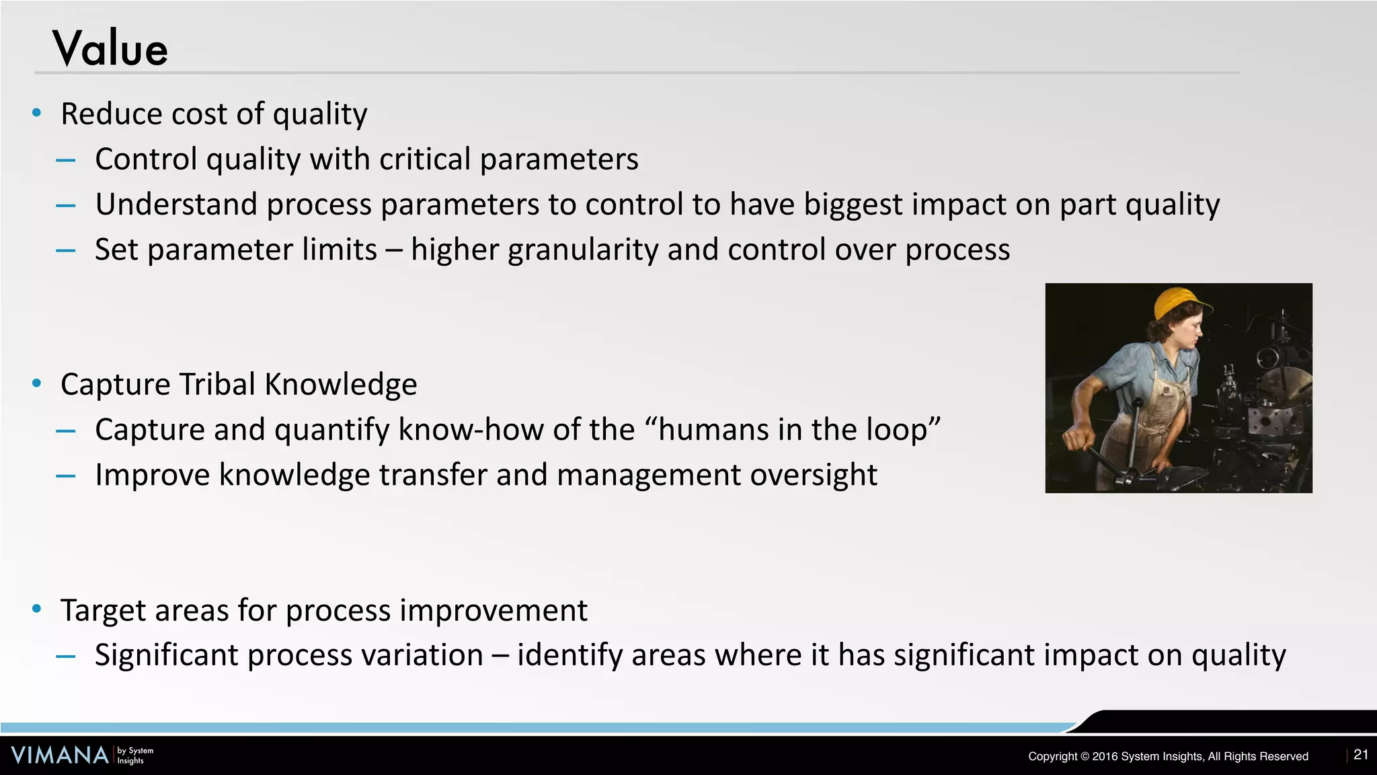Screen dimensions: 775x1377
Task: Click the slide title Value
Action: click(x=110, y=49)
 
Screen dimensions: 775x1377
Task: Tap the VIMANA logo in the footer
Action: click(x=60, y=755)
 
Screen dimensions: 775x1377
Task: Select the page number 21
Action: click(x=1361, y=755)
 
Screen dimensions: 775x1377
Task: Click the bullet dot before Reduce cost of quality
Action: click(x=37, y=113)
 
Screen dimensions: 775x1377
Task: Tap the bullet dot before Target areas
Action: click(x=37, y=610)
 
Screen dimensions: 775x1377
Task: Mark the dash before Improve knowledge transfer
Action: click(x=66, y=476)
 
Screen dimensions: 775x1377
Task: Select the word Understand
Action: click(x=176, y=205)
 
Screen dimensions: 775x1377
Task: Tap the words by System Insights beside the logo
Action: click(x=135, y=755)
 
